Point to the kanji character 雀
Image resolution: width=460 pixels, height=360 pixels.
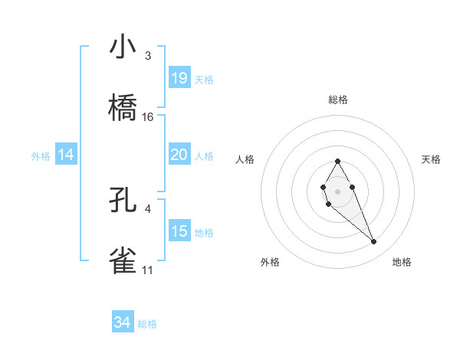pyautogui.click(x=123, y=260)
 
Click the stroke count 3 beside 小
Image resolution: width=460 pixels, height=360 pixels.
pyautogui.click(x=147, y=56)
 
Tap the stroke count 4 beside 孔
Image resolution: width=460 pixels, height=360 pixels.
pyautogui.click(x=147, y=208)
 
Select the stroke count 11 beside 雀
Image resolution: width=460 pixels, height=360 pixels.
pyautogui.click(x=147, y=270)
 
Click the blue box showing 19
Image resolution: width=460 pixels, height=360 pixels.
pyautogui.click(x=179, y=78)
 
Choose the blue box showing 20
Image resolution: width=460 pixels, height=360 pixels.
pyautogui.click(x=179, y=155)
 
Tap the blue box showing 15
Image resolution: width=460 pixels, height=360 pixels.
pyautogui.click(x=179, y=231)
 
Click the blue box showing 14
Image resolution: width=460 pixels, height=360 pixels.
pyautogui.click(x=66, y=155)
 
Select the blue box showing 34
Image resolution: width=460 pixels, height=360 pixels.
pyautogui.click(x=123, y=322)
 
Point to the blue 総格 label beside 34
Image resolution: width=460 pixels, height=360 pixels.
pyautogui.click(x=147, y=324)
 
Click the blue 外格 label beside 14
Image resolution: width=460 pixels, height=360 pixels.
pyautogui.click(x=41, y=156)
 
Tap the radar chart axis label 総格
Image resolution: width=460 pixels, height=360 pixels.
pyautogui.click(x=338, y=100)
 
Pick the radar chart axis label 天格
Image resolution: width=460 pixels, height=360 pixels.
pyautogui.click(x=432, y=159)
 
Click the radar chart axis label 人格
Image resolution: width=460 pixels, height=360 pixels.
pyautogui.click(x=245, y=159)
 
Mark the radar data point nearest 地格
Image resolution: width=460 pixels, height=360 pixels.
pyautogui.click(x=374, y=242)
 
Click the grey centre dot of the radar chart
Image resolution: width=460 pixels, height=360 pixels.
pyautogui.click(x=337, y=190)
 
